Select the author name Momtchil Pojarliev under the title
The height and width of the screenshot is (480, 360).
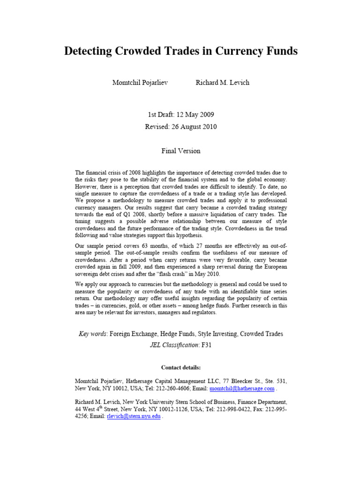(x=140, y=82)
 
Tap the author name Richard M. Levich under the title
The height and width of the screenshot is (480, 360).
(x=222, y=82)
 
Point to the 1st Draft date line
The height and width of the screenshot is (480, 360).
(x=180, y=114)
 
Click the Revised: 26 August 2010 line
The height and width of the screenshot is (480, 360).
(x=180, y=127)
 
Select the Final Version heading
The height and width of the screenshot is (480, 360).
(x=180, y=151)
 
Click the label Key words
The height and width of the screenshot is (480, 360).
(x=93, y=334)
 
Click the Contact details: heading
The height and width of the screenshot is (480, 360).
(x=180, y=367)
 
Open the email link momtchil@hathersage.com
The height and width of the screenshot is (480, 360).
(x=242, y=389)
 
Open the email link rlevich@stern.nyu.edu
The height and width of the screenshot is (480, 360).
(x=134, y=417)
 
